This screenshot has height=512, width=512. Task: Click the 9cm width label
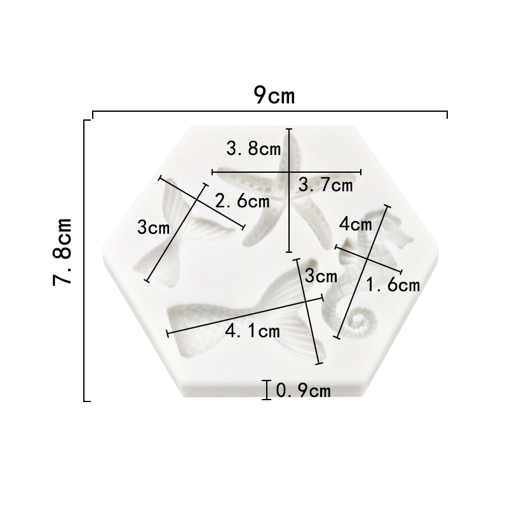274,95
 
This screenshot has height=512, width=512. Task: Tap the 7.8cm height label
62,252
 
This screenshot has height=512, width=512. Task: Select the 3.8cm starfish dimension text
253,149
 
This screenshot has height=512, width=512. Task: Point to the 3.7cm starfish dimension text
325,185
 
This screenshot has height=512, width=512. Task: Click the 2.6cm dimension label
242,201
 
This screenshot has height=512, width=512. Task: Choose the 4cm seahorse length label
356,224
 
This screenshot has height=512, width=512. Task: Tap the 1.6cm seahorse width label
393,285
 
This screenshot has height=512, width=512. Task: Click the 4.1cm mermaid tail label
252,331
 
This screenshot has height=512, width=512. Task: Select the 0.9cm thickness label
304,391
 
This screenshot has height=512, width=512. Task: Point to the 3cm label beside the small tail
154,227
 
